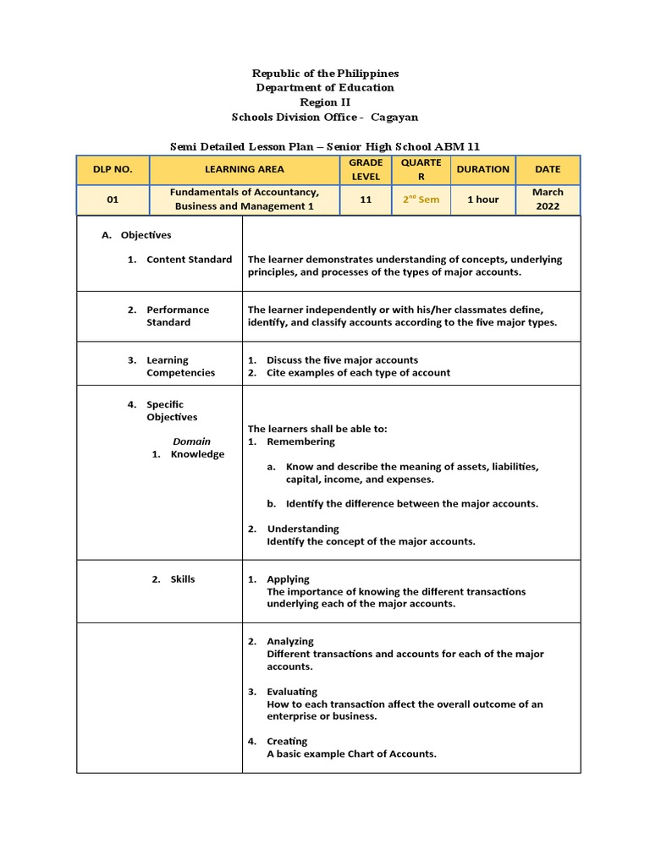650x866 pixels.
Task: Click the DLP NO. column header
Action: click(x=113, y=169)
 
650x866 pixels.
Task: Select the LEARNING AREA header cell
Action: click(x=245, y=169)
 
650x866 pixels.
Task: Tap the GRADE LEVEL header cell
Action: click(x=366, y=169)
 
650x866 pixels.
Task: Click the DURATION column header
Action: click(x=482, y=169)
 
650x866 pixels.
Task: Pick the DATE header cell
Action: click(x=548, y=169)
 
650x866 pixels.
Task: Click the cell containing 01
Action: click(x=113, y=200)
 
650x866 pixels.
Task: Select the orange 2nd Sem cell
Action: click(x=421, y=200)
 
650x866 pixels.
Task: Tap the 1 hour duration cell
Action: click(x=482, y=200)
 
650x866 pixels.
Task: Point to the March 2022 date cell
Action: click(x=548, y=200)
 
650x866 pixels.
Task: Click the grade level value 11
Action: click(x=366, y=200)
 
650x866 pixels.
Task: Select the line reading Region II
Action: click(x=325, y=102)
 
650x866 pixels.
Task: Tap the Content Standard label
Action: click(x=189, y=260)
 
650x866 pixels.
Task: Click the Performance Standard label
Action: click(x=178, y=315)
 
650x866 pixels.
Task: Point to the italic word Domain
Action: click(x=192, y=441)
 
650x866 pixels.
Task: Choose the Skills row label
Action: click(x=182, y=579)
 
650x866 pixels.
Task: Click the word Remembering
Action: click(x=300, y=441)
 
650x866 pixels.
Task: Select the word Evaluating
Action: click(x=292, y=692)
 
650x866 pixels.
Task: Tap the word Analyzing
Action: click(x=290, y=642)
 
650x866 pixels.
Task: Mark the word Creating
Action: click(x=287, y=742)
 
